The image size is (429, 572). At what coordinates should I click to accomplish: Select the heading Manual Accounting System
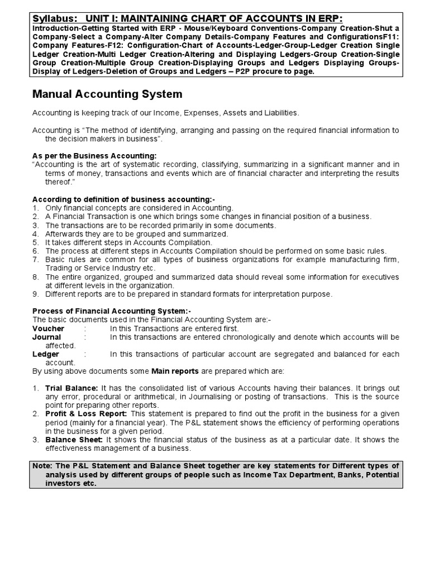pos(107,94)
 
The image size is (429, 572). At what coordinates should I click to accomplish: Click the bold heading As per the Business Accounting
pos(94,155)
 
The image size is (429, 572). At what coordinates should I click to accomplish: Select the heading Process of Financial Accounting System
pos(112,312)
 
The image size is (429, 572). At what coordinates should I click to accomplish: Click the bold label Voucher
pos(49,329)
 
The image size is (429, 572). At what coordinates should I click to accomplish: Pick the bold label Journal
pos(47,337)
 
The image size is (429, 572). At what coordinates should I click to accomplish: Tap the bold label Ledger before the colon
pos(46,354)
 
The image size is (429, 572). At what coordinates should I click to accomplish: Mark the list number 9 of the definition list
pos(35,294)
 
